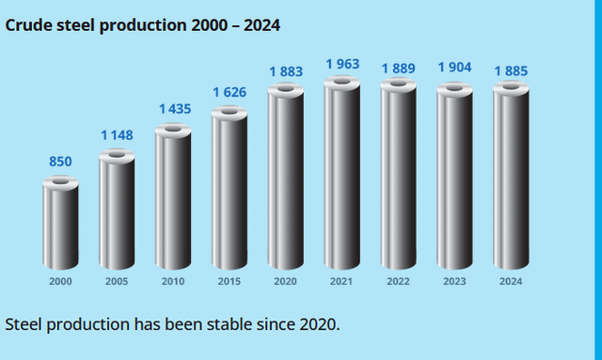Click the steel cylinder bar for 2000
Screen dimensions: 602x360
click(x=60, y=223)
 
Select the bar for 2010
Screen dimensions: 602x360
click(x=173, y=196)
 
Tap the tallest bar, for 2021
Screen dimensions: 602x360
click(x=342, y=173)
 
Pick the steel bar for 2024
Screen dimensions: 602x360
click(x=511, y=175)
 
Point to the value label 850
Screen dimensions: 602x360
click(x=60, y=162)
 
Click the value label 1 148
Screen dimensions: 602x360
click(x=117, y=135)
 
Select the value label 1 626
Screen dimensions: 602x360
click(x=230, y=92)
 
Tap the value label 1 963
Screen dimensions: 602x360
click(x=342, y=64)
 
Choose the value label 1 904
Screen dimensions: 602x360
click(x=454, y=67)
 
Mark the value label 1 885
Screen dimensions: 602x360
click(x=511, y=71)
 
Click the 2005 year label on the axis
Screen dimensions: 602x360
click(x=117, y=281)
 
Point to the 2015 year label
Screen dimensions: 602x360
click(x=230, y=281)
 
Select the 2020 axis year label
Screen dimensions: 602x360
click(x=285, y=281)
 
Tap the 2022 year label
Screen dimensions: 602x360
click(x=398, y=281)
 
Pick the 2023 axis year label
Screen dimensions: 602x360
click(x=454, y=281)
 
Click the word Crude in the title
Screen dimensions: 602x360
click(x=29, y=25)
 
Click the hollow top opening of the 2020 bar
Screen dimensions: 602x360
click(x=286, y=88)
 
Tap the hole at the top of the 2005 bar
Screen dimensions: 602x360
click(x=117, y=155)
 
